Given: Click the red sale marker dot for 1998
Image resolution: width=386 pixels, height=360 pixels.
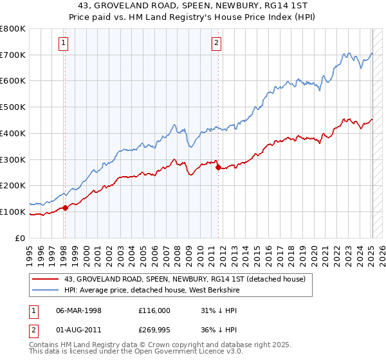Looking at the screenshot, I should coord(65,208).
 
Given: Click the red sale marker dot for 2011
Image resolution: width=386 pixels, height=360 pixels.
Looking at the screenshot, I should coord(218,167).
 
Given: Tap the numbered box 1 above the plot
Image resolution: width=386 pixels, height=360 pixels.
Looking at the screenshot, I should coord(64,43).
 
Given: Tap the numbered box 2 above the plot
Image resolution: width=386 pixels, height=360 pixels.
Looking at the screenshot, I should coord(216,43).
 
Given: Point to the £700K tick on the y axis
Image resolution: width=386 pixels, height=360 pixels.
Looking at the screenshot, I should coord(14,55).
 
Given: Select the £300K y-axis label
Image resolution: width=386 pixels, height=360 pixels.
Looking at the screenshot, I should coord(14,159).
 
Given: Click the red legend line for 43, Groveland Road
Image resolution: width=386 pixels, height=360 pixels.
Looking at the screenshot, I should coord(46,278).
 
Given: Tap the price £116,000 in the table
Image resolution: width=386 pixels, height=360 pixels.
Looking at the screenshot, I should coord(154,310).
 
